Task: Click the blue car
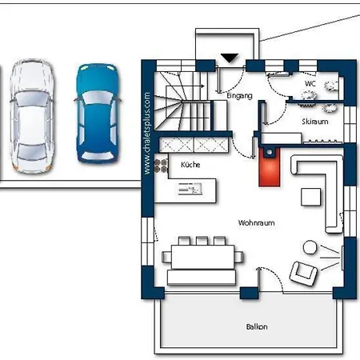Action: [x=98, y=114]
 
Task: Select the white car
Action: [x=32, y=116]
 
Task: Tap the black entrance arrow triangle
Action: [x=230, y=58]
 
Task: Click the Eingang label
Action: [x=239, y=96]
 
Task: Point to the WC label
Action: [x=310, y=84]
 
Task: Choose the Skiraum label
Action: [x=315, y=122]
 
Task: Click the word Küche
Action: [x=190, y=165]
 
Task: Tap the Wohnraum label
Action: [x=256, y=222]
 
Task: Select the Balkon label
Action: [x=257, y=326]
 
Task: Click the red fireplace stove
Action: [x=270, y=167]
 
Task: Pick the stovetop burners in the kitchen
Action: [x=161, y=166]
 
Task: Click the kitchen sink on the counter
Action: [x=190, y=189]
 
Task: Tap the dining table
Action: [x=203, y=257]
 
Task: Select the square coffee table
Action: [x=310, y=197]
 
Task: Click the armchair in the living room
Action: [x=303, y=274]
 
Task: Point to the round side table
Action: [x=310, y=247]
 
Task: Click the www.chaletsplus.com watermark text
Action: [x=147, y=134]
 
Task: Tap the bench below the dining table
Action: [x=202, y=278]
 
